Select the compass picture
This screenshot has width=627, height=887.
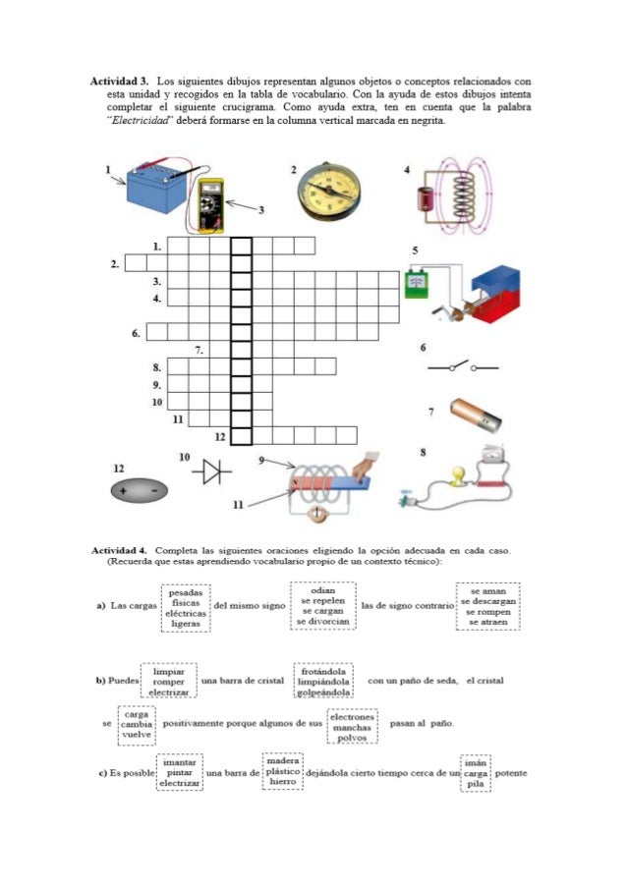327,189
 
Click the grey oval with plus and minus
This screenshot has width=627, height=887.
138,488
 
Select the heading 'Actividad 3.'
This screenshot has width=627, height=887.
119,80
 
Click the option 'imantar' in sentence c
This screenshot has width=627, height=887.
179,760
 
